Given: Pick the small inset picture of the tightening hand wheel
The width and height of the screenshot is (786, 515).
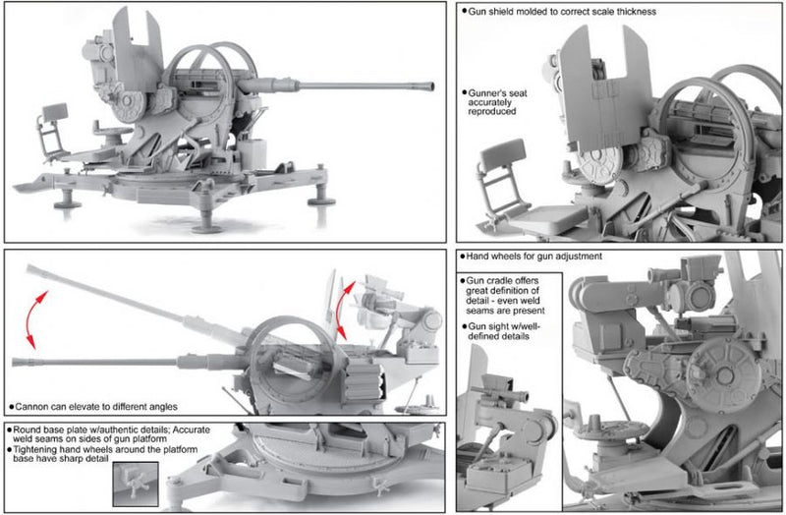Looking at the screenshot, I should pyautogui.click(x=134, y=483).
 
